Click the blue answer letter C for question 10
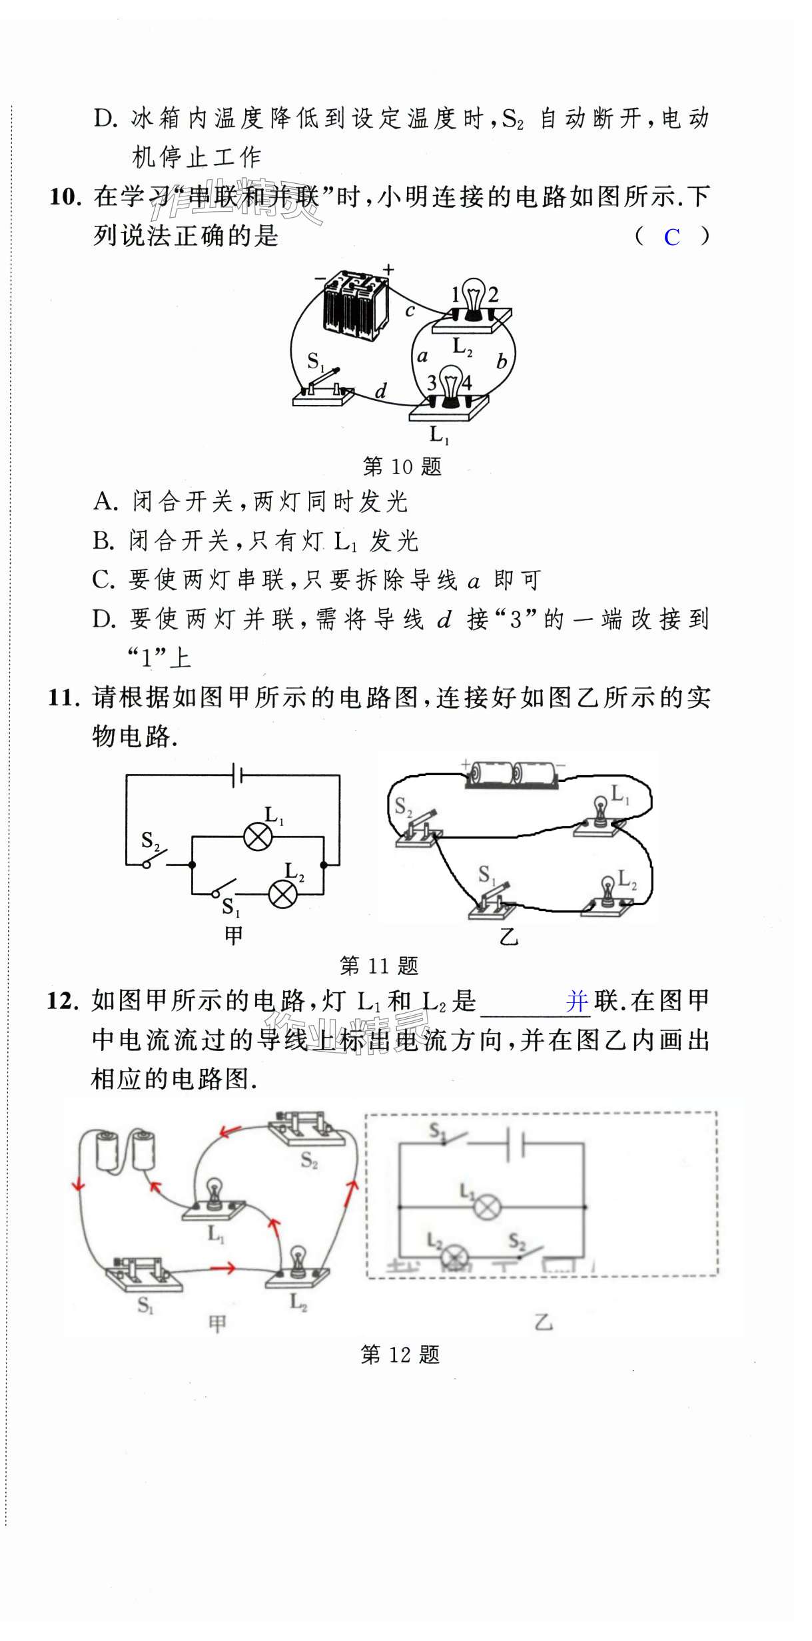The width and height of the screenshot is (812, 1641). pos(671,237)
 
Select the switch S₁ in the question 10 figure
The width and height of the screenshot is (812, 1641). pos(324,390)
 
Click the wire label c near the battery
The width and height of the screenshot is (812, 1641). pos(410,310)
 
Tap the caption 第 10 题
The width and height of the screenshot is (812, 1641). pos(402,466)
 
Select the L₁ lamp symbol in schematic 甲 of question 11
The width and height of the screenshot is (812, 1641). pos(258,836)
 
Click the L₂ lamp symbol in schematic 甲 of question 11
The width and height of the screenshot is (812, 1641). pos(282,893)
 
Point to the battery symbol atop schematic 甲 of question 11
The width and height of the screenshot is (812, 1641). pos(236,775)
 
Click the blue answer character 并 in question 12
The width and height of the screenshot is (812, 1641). pos(577,1001)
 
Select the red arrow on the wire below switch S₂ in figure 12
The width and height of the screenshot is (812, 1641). pos(230,1131)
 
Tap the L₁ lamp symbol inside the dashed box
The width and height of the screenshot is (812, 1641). pos(487,1207)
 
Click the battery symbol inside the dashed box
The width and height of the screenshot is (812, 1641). pos(515,1144)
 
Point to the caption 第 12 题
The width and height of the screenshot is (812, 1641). pos(400,1354)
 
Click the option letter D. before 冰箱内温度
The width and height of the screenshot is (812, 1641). pos(105,119)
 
